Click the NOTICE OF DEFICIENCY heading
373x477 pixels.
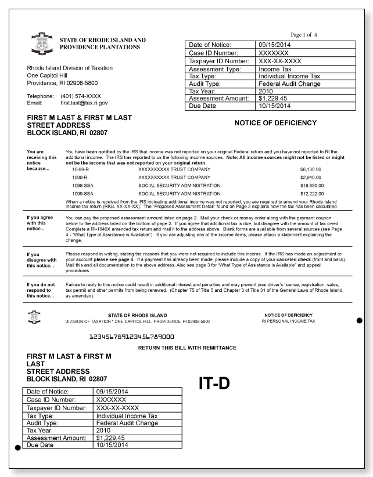275,123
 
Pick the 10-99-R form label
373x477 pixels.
80,169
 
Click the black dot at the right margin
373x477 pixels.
360,320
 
